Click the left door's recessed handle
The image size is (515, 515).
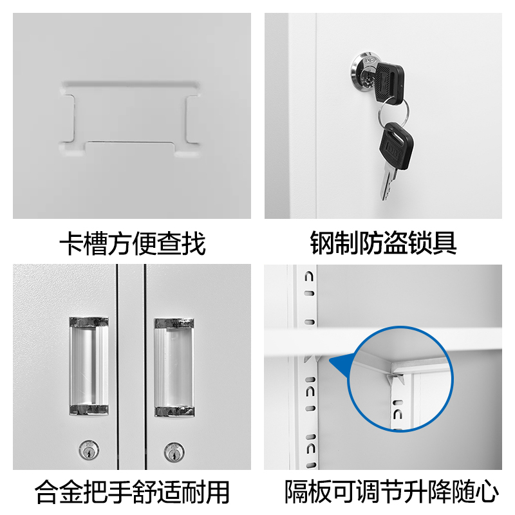point(89,365)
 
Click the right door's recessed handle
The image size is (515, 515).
point(174,365)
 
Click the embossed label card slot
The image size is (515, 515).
point(129,118)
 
